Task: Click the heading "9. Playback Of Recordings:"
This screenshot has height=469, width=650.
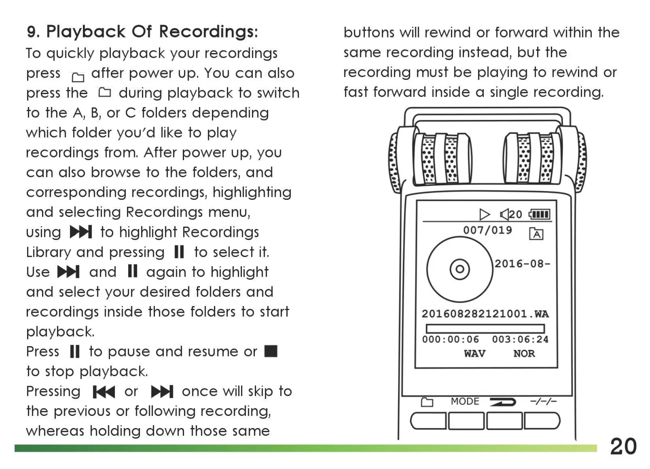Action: [142, 31]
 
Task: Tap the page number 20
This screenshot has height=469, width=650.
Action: [623, 447]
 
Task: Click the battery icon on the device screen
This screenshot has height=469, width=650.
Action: [540, 214]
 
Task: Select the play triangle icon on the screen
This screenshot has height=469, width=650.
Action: [484, 214]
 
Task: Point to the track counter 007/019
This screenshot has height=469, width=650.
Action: [488, 230]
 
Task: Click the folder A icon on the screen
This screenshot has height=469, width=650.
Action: [536, 234]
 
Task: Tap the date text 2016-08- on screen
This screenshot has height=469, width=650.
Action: [522, 264]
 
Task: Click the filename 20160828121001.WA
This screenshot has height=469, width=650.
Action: [485, 314]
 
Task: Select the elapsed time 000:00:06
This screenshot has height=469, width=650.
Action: [451, 340]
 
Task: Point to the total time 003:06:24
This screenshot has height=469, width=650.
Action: [520, 340]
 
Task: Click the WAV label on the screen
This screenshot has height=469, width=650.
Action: [475, 353]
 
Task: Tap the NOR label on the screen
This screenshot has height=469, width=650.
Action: [524, 353]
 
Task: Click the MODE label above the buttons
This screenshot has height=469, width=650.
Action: [465, 401]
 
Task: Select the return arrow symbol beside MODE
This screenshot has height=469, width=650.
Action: [503, 402]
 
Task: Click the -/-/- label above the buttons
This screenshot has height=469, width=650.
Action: [543, 401]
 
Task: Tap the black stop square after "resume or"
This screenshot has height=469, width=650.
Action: [271, 351]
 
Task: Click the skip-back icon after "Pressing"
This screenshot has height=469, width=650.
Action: [103, 392]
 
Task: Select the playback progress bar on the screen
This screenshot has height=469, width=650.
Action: [485, 329]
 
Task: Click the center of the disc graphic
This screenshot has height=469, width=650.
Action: [460, 270]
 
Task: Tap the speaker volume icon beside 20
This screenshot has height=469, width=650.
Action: [505, 214]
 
